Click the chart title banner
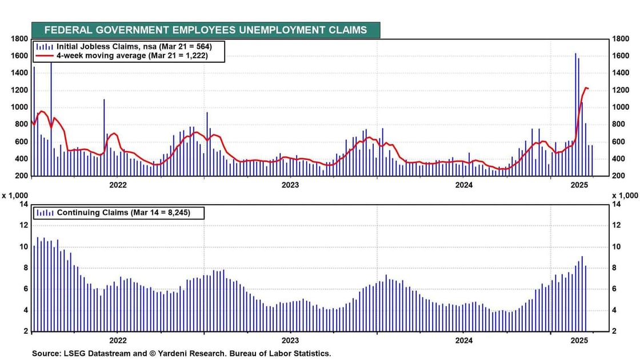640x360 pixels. tap(206, 30)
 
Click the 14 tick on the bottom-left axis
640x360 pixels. tap(23, 204)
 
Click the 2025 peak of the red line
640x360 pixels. tap(586, 88)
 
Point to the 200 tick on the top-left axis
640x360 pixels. tap(22, 175)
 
